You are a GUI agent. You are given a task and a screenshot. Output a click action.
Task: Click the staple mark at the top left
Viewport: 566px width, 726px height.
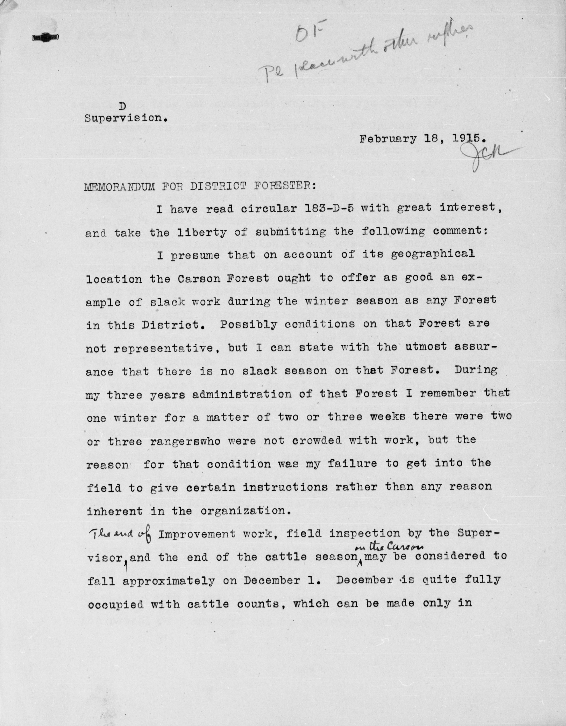tap(46, 37)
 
